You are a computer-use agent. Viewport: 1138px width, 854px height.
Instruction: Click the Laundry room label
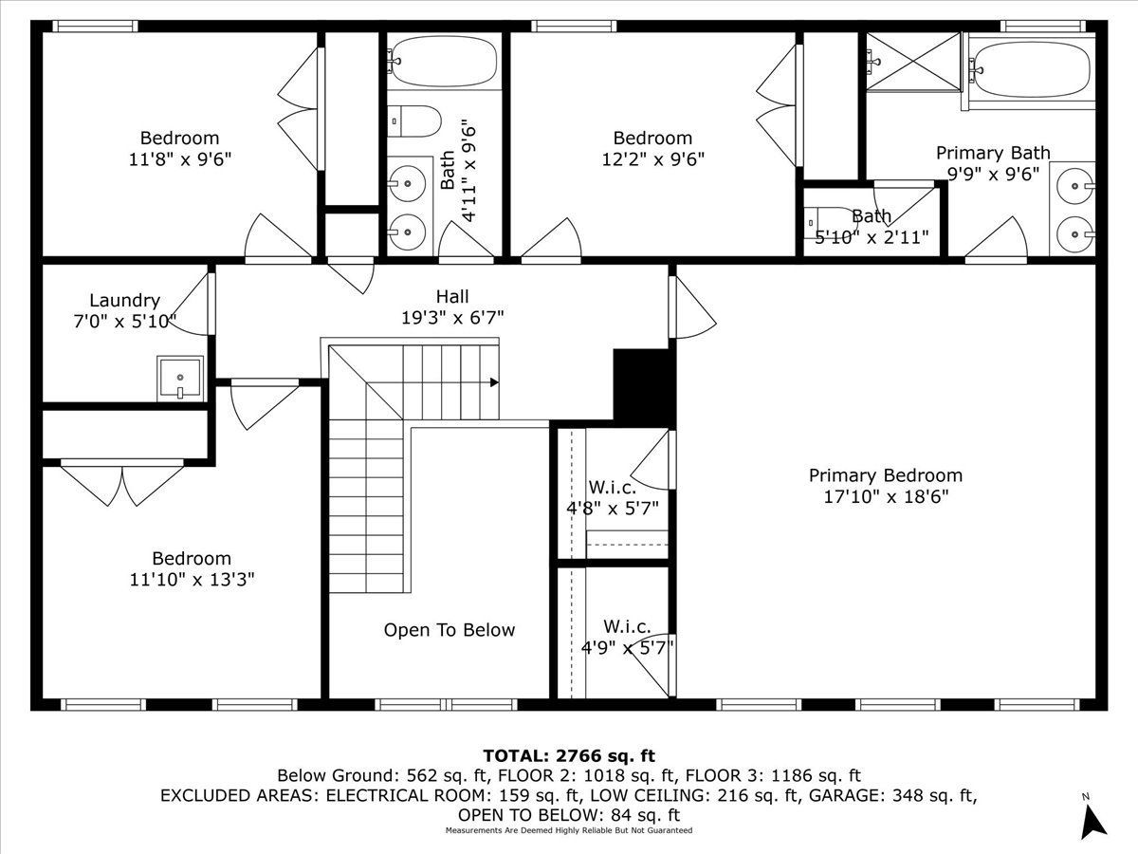[124, 301]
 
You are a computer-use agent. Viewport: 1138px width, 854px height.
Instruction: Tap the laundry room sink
[179, 379]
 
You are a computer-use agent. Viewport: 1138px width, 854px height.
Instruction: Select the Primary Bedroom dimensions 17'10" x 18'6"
[885, 496]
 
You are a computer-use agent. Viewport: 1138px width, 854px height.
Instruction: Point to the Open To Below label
[450, 630]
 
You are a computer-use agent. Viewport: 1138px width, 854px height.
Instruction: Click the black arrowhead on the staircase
[494, 383]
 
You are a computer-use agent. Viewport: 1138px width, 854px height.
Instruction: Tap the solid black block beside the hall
[645, 385]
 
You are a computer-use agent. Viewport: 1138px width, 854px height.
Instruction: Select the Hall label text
[452, 297]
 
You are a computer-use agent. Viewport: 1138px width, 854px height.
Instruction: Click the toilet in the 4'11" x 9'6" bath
[417, 121]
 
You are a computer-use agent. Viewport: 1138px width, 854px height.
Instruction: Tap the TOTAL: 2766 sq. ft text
[569, 756]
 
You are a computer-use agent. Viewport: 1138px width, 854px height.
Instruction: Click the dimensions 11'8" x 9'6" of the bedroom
[179, 159]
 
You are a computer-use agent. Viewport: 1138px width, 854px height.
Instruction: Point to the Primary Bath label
[993, 153]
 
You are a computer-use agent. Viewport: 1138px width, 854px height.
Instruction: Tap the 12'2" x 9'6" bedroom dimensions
[652, 159]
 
